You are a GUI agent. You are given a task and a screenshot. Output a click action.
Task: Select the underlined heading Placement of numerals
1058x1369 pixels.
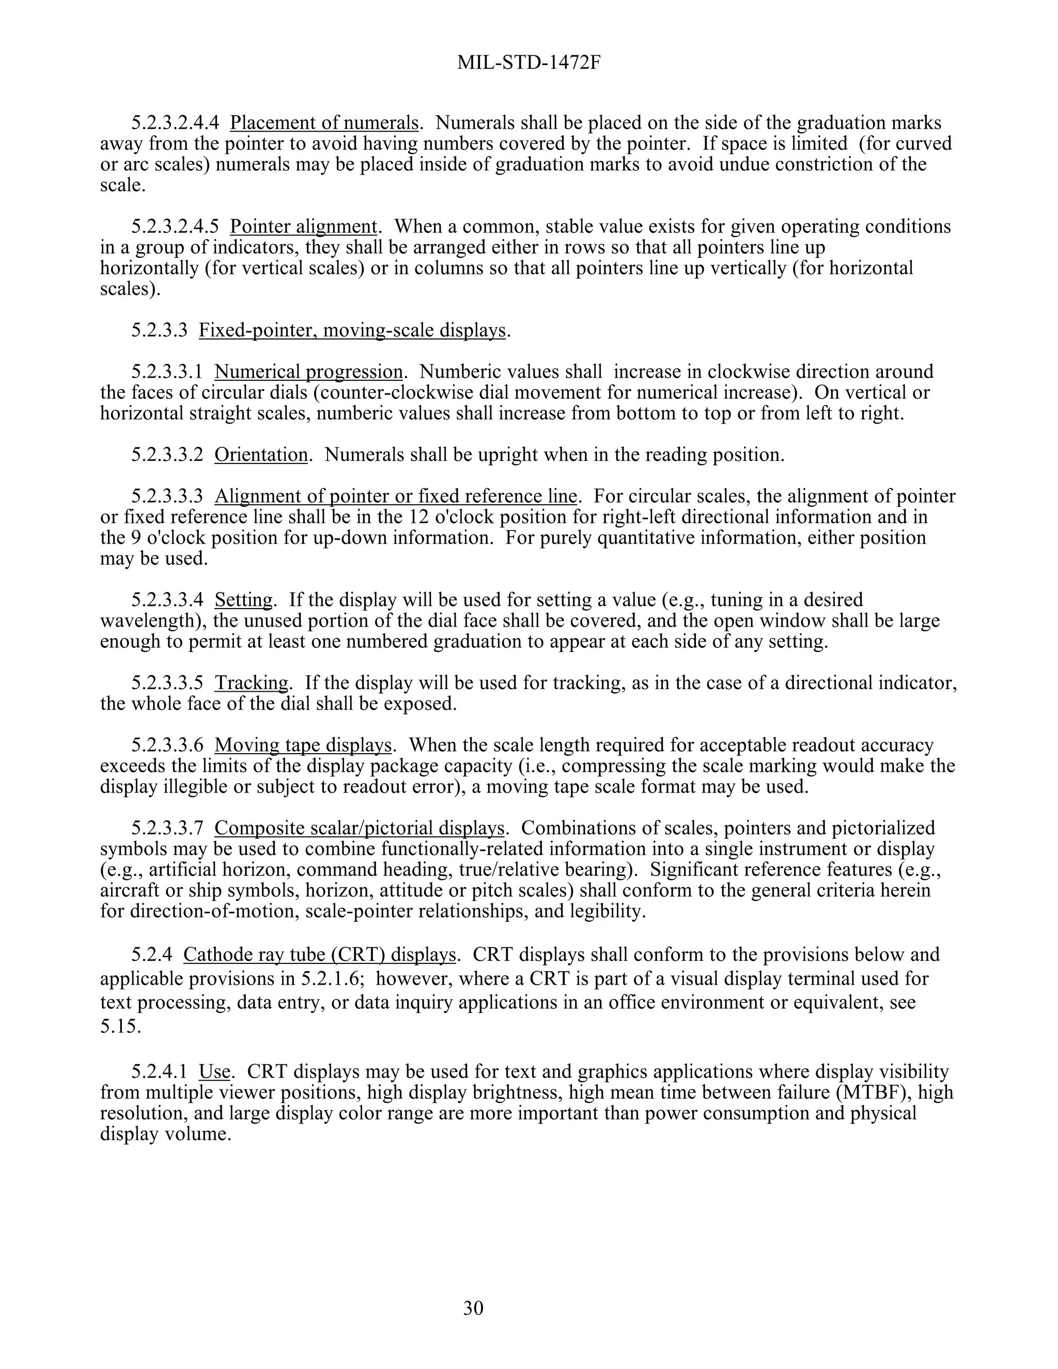click(x=324, y=123)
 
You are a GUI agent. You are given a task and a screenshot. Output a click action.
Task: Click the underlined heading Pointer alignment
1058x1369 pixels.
click(x=303, y=226)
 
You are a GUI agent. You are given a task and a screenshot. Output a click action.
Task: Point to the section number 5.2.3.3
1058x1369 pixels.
click(x=159, y=330)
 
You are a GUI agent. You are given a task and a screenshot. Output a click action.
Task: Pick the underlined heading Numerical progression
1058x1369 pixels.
click(x=308, y=372)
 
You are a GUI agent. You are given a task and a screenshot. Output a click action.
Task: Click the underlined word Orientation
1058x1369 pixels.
click(x=261, y=455)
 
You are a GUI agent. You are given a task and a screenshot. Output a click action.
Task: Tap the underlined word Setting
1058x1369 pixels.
click(x=244, y=600)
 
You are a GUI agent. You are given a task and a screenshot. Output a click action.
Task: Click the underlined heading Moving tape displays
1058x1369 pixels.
click(x=303, y=745)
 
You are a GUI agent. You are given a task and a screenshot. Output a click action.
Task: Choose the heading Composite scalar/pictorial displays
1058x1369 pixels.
click(x=359, y=828)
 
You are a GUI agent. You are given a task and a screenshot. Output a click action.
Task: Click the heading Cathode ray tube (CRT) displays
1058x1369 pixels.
click(x=319, y=955)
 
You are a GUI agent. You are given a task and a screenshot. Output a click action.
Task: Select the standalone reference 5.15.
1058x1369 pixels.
click(x=120, y=1027)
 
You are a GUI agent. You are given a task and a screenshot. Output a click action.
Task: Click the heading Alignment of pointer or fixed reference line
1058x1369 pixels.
click(x=396, y=496)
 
